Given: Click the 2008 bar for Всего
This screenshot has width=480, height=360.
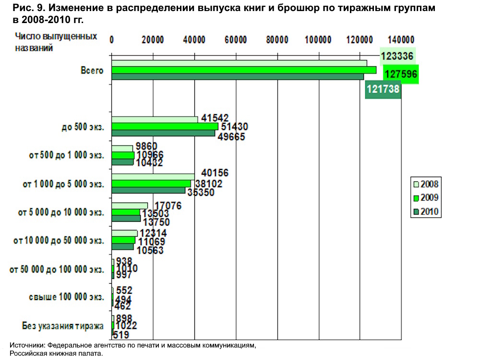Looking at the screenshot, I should coord(239,63).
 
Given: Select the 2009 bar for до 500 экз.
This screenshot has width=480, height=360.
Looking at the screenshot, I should coord(165,126).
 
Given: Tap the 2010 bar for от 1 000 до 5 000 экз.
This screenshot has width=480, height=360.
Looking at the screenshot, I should coord(148,190).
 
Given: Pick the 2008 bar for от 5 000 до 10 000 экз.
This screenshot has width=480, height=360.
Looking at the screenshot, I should coord(130,205).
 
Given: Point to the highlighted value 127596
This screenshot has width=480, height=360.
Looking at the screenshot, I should coord(400,75).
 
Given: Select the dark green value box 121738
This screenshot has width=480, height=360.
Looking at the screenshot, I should coord(383,89).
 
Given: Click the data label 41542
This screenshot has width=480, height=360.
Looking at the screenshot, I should coord(215,118).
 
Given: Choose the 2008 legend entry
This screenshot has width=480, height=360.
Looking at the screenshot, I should coord(425,183).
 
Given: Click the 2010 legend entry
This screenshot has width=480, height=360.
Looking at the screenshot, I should coord(425,211).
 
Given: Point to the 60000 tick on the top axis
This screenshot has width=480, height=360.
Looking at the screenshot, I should coord(236,40).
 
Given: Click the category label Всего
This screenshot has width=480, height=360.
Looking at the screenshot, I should coord(92,71).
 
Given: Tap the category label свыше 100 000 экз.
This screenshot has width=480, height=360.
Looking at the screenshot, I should coord(66,297).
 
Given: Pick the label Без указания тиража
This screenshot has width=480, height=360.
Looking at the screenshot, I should coord(63,326).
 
